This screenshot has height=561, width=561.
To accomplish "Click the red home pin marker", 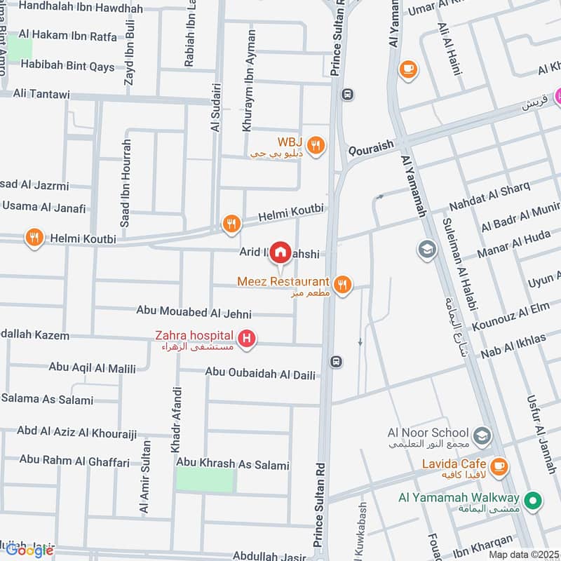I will coord(280,252).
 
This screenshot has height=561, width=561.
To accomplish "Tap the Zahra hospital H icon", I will coord(247,340).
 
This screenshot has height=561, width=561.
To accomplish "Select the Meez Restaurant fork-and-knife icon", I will coord(342,284).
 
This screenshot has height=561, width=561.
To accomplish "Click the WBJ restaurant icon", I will coord(317,144).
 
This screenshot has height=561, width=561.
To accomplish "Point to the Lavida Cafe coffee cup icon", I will coord(499,466).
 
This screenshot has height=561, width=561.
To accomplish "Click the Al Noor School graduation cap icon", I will coord(482,437).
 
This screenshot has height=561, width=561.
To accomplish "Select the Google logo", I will coord(29,550).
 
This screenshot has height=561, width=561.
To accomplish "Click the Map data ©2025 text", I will coord(524,554).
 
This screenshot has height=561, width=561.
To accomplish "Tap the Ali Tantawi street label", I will coord(39,94).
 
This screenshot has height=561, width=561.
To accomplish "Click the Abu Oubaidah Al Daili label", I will coord(261,373).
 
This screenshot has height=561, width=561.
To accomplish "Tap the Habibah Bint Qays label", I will coord(67,66).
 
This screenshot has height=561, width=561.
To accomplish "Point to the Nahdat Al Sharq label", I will coord(489,198).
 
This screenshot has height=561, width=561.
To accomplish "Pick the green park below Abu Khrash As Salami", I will coord(204,480).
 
